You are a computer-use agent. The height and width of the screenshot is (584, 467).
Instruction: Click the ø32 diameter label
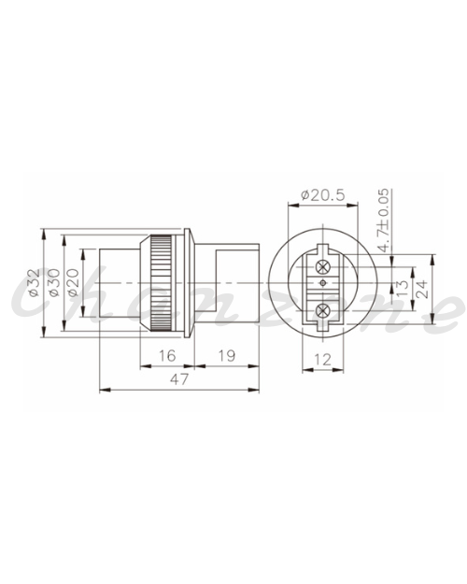coord(35,283)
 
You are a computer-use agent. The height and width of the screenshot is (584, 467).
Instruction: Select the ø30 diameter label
coord(54,283)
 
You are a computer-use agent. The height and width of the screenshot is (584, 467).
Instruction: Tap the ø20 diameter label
coord(74,283)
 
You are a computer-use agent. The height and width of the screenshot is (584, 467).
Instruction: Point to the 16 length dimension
coord(167,356)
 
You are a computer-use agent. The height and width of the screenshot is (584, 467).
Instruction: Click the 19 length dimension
coord(227,356)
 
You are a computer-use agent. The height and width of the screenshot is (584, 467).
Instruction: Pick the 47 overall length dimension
coord(179,379)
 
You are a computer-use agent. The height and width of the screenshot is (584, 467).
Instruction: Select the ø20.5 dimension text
coord(323,195)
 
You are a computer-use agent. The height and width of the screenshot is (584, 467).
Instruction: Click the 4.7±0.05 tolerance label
coord(384,220)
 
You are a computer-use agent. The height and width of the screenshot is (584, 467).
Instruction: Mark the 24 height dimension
coord(422,289)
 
